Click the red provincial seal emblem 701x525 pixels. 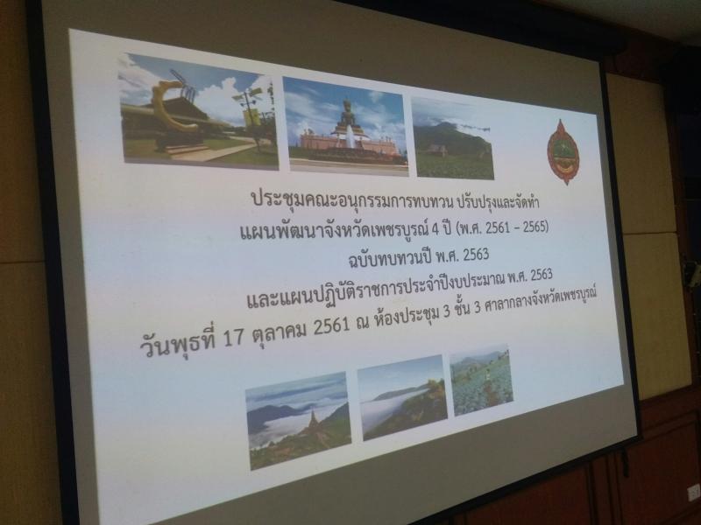pyautogui.click(x=563, y=152)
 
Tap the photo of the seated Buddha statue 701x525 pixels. pyautogui.click(x=345, y=126)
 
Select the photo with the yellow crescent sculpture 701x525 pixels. pyautogui.click(x=198, y=111)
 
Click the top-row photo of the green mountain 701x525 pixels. pyautogui.click(x=452, y=139)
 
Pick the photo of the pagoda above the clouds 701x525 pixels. pyautogui.click(x=298, y=421)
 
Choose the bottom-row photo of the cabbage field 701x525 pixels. pyautogui.click(x=481, y=381)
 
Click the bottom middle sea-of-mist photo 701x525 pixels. pyautogui.click(x=402, y=397)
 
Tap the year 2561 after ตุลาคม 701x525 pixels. pyautogui.click(x=331, y=325)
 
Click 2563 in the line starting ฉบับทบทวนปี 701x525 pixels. pyautogui.click(x=476, y=255)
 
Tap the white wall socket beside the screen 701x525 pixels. pyautogui.click(x=694, y=492)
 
